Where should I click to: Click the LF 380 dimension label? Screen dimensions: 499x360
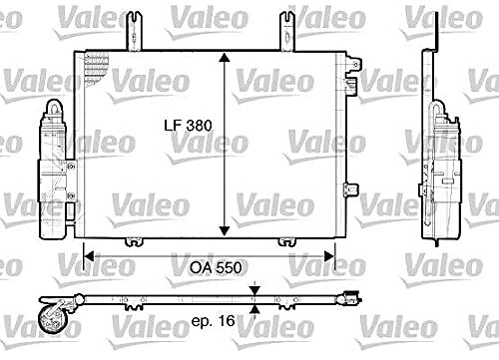188,126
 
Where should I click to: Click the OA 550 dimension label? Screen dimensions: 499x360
216,268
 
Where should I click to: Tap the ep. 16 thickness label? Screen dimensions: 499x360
214,321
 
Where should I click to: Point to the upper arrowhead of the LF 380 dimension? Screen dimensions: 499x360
225,58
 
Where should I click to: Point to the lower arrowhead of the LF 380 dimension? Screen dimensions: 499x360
225,230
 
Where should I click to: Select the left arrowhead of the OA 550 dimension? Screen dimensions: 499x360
89,256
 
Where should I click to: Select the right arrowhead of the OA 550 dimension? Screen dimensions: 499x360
329,256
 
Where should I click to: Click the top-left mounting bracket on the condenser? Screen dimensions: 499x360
134,31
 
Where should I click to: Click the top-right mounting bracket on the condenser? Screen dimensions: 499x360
287,31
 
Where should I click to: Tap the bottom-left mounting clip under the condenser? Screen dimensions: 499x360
134,241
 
